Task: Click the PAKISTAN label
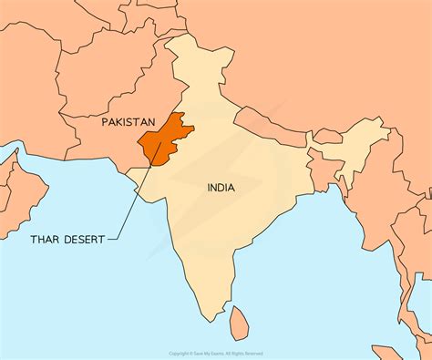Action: point(129,121)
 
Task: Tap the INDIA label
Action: point(220,188)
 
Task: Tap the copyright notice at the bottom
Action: point(216,354)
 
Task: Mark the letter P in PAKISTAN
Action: point(105,121)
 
